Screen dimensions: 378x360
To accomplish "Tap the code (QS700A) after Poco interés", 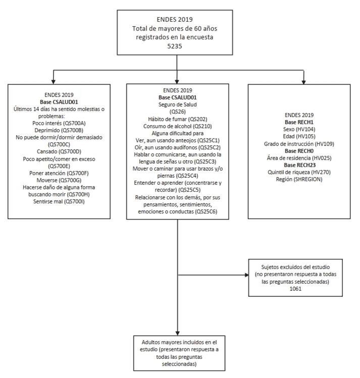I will (76, 122).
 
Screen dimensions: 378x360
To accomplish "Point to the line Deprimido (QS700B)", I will (60, 129).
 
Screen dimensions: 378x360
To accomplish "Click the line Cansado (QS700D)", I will (60, 150).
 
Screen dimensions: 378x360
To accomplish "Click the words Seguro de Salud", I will (177, 104).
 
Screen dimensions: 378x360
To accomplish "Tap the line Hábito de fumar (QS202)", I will (177, 118).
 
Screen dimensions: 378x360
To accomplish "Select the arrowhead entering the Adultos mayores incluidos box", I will (177, 331).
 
